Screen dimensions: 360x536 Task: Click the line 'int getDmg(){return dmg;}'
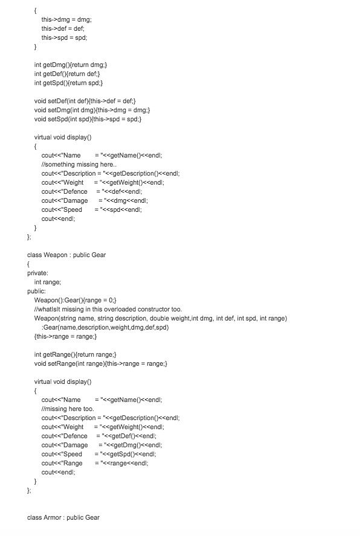pyautogui.click(x=71, y=65)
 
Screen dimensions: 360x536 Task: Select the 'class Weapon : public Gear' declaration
pyautogui.click(x=66, y=255)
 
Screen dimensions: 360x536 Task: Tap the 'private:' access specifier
pyautogui.click(x=37, y=273)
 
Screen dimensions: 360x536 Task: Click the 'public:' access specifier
pyautogui.click(x=36, y=291)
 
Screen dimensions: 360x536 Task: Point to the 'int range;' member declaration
pyautogui.click(x=48, y=282)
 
